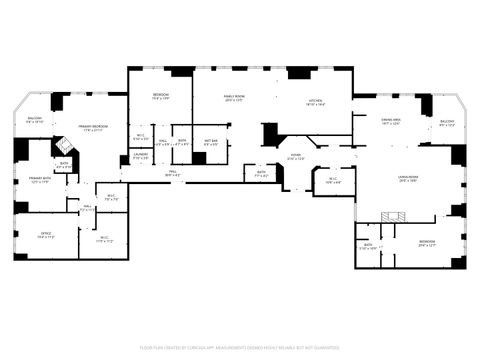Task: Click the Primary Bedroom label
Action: [96, 127]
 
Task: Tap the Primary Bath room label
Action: [40, 181]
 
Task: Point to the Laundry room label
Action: [140, 155]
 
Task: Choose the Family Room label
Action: [234, 98]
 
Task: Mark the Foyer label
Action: [296, 156]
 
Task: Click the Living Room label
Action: [408, 179]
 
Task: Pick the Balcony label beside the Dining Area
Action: [447, 123]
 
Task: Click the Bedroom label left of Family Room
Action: [160, 96]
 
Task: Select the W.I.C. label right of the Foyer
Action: [333, 181]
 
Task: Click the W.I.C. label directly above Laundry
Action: [141, 137]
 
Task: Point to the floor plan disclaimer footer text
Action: [240, 347]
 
